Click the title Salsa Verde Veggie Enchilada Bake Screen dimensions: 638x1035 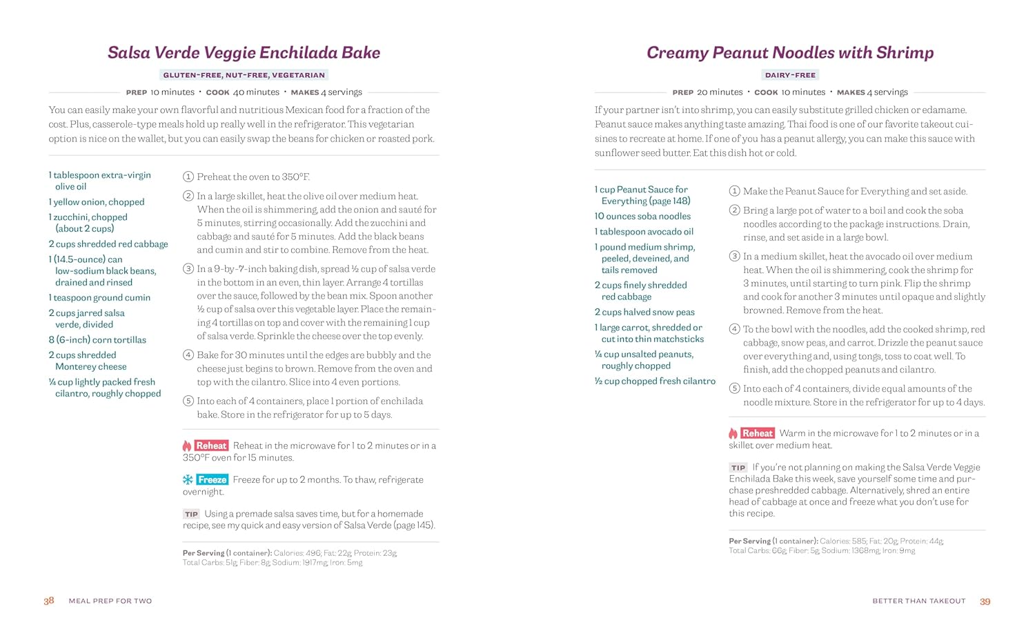244,53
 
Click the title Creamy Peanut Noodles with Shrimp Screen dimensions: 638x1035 789,53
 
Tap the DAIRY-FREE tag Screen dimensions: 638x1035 790,75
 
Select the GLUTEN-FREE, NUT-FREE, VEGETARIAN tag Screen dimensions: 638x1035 244,75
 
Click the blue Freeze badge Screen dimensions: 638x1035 212,479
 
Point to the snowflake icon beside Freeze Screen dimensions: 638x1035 188,479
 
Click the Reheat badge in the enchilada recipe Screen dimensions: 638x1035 211,446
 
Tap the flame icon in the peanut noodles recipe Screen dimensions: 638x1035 733,433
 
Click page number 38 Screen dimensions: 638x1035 49,601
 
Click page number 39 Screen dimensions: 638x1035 985,601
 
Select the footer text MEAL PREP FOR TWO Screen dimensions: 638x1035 110,601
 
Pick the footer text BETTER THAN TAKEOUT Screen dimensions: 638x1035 918,601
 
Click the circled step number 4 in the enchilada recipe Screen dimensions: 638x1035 188,355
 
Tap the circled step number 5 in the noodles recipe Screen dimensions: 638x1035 734,389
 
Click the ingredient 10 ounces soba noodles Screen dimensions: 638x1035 642,216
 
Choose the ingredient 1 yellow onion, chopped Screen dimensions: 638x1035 97,202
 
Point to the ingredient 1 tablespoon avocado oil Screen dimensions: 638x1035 644,232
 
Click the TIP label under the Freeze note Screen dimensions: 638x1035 191,514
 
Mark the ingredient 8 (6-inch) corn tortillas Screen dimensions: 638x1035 97,339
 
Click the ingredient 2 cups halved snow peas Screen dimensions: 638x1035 644,312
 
